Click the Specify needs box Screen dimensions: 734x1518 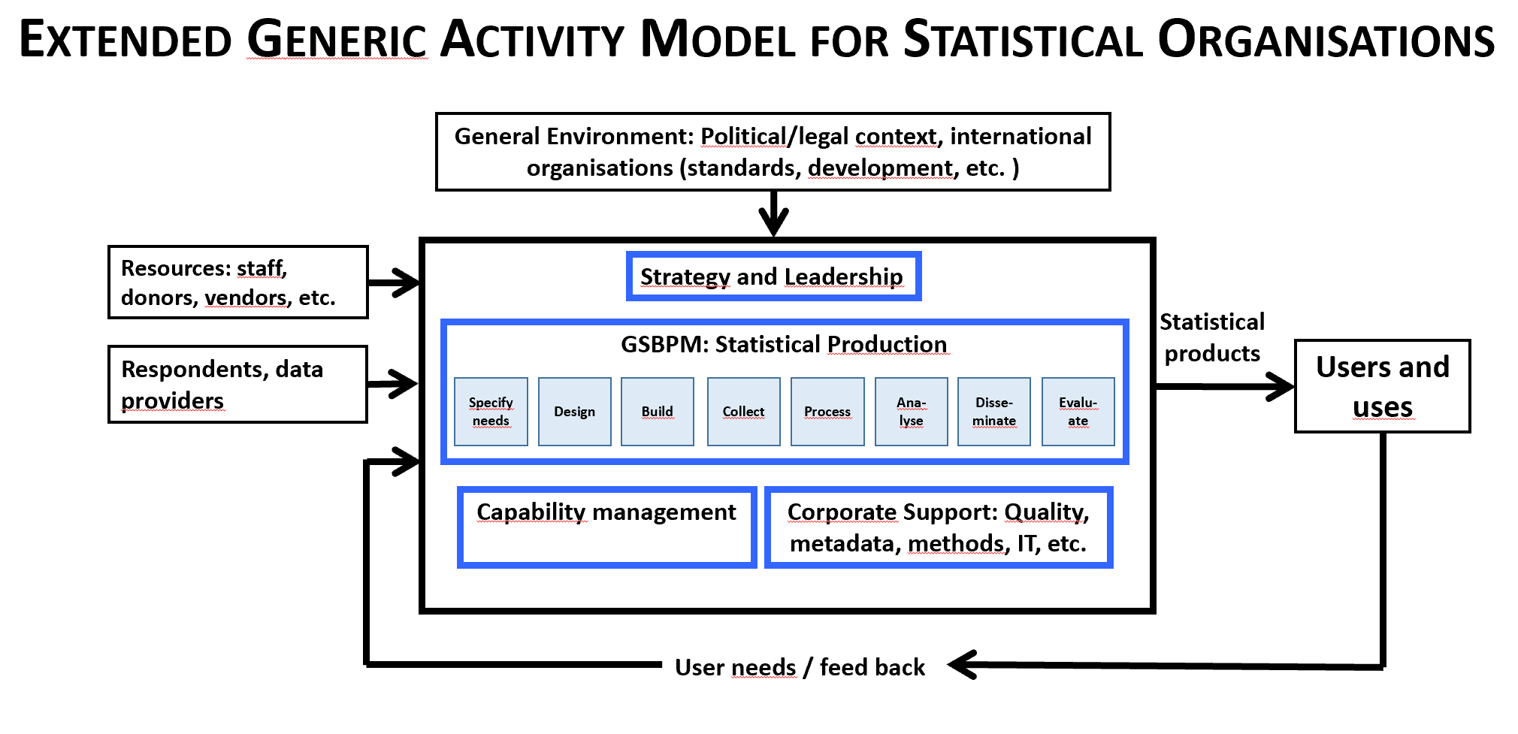point(491,412)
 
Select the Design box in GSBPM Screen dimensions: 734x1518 point(574,412)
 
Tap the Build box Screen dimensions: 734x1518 point(657,412)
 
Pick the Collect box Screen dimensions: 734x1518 point(743,412)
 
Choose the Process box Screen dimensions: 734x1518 point(827,412)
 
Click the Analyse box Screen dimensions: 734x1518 point(911,412)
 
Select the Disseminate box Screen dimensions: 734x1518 point(993,412)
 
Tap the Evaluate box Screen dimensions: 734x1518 point(1078,412)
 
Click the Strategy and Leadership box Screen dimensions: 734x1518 point(773,276)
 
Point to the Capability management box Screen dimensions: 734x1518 point(606,527)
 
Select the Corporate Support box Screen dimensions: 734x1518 point(938,527)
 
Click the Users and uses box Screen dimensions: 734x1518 point(1382,386)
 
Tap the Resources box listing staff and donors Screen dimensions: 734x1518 point(237,282)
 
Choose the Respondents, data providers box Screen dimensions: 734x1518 point(237,384)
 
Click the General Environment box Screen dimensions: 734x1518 point(773,152)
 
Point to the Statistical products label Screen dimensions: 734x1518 point(1211,337)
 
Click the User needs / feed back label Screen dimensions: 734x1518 point(800,667)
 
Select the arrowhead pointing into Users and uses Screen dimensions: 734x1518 point(1280,386)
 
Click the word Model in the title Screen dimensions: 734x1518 point(717,39)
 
